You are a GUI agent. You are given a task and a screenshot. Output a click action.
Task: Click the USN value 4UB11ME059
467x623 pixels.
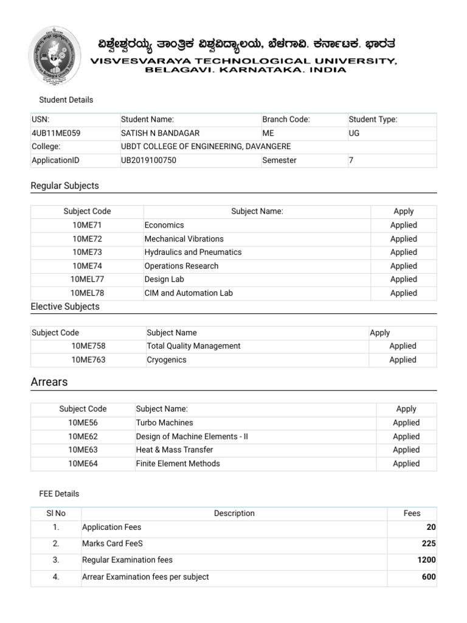click(56, 133)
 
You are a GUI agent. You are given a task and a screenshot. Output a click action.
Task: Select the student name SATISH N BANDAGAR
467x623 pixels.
click(160, 133)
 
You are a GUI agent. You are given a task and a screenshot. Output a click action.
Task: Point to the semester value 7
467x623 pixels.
click(351, 160)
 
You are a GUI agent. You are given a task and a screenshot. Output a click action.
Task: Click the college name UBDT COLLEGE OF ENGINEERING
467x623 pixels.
click(206, 147)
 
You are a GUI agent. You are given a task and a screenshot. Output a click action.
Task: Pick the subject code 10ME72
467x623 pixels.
click(87, 238)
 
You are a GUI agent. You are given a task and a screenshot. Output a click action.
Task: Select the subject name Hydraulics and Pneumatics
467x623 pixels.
click(193, 252)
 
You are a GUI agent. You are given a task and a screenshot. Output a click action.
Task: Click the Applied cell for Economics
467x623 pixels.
click(403, 225)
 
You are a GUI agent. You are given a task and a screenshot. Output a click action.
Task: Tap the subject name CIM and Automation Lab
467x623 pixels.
click(189, 293)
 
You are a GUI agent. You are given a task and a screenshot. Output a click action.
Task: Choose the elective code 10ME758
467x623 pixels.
click(88, 346)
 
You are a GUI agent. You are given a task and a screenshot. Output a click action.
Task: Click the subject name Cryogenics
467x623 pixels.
click(167, 360)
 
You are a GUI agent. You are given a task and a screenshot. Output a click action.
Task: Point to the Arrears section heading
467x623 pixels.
click(49, 382)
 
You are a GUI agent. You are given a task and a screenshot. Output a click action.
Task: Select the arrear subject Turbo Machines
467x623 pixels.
click(164, 422)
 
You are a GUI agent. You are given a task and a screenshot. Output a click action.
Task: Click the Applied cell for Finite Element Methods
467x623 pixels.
click(406, 464)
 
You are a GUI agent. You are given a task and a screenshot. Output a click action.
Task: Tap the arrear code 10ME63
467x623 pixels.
click(83, 450)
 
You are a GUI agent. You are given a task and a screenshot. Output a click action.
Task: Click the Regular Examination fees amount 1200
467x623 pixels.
click(426, 560)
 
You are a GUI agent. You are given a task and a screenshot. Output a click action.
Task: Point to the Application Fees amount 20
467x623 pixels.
click(431, 527)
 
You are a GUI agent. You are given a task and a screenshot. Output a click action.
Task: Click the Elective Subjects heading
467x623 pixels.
click(65, 307)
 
